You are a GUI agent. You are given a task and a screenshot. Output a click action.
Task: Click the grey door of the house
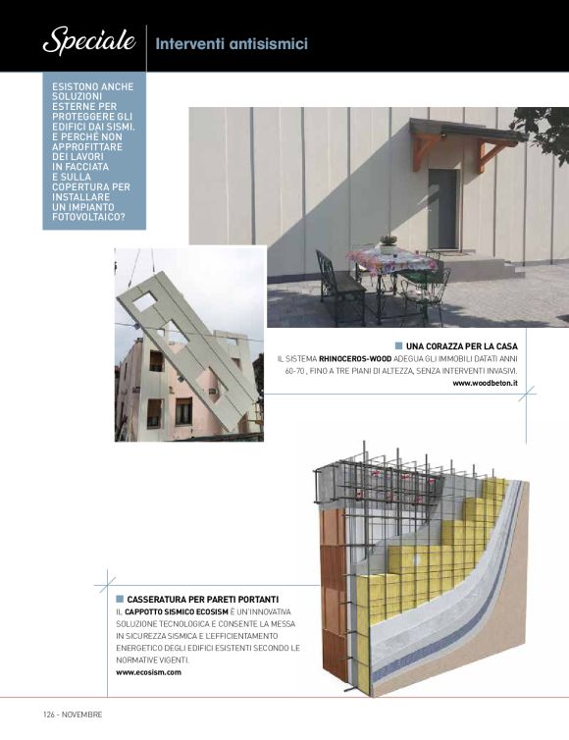click(x=442, y=209)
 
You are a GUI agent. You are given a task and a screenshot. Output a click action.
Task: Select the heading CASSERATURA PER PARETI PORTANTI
click(x=203, y=599)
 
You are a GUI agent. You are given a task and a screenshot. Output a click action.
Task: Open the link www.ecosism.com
click(x=148, y=672)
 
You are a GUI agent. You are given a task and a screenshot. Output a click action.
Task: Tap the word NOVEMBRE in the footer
click(x=83, y=714)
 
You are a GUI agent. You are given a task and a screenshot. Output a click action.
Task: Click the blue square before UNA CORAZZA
click(x=398, y=346)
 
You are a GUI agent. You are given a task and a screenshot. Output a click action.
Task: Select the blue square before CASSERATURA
click(x=120, y=599)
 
